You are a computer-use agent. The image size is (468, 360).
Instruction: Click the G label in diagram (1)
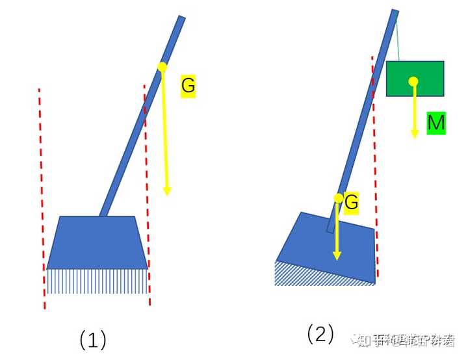[x=188, y=86]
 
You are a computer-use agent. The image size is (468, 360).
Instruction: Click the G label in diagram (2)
[x=351, y=202]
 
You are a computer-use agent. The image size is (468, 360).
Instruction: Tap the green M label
[x=436, y=123]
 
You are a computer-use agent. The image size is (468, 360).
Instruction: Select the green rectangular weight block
[x=429, y=79]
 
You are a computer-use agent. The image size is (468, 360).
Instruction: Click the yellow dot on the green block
[x=413, y=81]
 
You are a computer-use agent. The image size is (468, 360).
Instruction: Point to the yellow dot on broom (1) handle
[x=162, y=67]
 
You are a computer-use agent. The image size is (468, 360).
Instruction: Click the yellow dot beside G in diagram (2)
[x=338, y=198]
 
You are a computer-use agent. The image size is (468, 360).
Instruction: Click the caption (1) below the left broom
[x=92, y=339]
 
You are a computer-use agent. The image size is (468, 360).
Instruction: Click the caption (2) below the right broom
[x=320, y=334]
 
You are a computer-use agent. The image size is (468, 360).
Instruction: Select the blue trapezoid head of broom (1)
[x=97, y=242]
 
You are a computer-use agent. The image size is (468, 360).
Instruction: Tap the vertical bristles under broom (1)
[x=97, y=281]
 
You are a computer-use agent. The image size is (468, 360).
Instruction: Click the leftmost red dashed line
[x=42, y=195]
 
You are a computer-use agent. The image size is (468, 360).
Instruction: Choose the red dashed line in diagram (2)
[x=375, y=162]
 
